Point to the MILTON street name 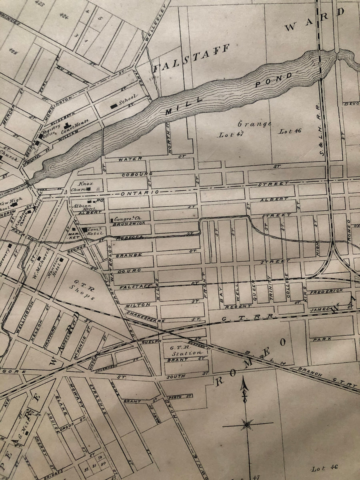point(132,305)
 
